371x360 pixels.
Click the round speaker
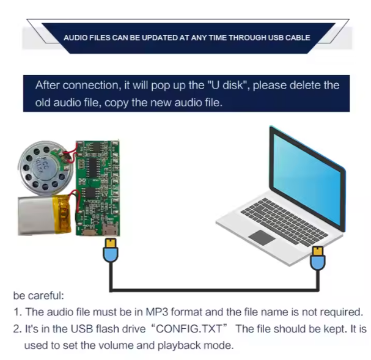46,167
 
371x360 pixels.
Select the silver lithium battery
44,215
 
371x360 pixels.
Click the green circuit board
98,188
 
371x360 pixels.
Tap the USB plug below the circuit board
111,250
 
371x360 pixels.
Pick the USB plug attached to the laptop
318,258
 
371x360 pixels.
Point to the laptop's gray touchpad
262,238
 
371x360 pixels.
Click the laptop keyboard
284,221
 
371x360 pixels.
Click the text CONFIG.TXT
189,329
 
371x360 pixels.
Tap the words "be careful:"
39,296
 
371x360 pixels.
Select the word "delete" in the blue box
305,85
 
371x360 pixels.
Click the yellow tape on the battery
62,215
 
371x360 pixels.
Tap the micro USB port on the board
111,229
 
